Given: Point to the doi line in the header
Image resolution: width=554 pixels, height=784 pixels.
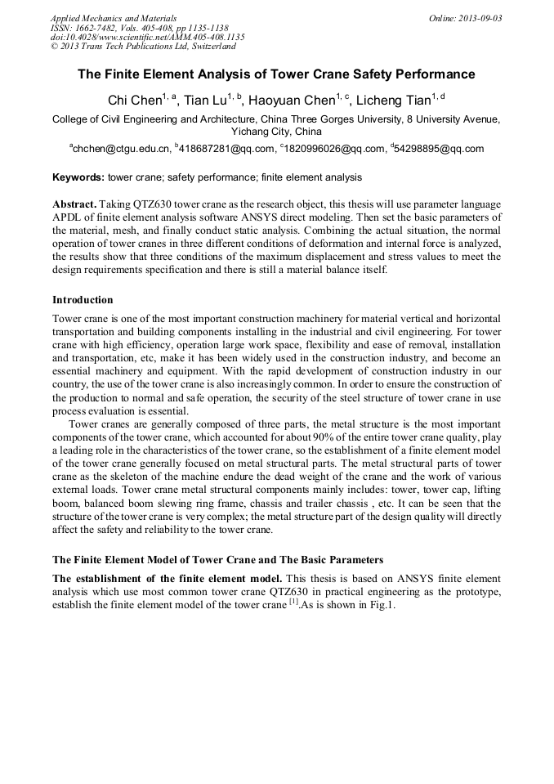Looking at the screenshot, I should point(147,37).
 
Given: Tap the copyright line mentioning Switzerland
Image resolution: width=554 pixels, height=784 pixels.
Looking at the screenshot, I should point(143,47).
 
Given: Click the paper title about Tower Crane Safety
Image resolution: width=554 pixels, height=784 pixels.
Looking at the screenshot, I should point(276,74).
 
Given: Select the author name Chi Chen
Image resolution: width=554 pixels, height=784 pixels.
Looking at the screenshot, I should point(134,101).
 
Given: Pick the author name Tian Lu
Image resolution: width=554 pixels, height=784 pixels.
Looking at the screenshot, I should point(203,101).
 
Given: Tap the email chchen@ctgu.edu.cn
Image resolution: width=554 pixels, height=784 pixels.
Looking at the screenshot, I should point(122,149).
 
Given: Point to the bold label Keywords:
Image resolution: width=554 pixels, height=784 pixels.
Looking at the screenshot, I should point(78,177).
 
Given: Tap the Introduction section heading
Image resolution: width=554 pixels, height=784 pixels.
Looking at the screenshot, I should point(83,300).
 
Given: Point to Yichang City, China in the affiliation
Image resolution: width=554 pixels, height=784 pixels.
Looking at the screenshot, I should point(276,131).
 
